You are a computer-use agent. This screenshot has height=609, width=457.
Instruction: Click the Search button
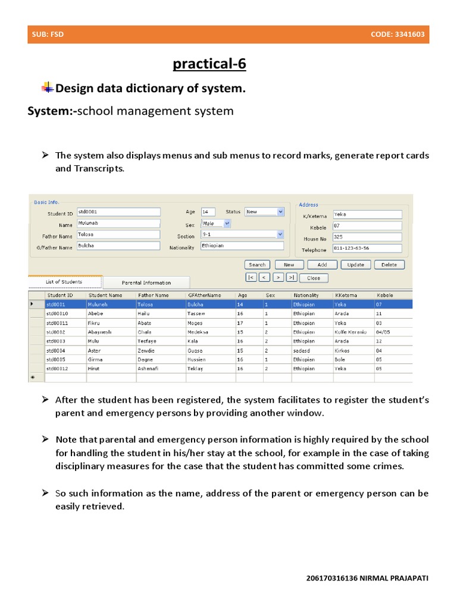pyautogui.click(x=257, y=265)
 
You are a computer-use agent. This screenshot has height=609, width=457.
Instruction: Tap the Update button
pyautogui.click(x=355, y=265)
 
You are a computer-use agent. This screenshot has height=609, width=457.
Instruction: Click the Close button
pyautogui.click(x=313, y=278)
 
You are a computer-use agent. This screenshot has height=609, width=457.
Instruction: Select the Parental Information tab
pyautogui.click(x=146, y=282)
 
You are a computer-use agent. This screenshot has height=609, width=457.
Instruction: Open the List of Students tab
pyautogui.click(x=64, y=282)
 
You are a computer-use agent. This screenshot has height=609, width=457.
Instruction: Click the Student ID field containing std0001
pyautogui.click(x=118, y=212)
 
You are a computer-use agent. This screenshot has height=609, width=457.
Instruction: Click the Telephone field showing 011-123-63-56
pyautogui.click(x=367, y=249)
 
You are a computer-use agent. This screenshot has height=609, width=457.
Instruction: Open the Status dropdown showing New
pyautogui.click(x=264, y=212)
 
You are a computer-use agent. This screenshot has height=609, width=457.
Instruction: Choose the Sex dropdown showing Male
pyautogui.click(x=215, y=224)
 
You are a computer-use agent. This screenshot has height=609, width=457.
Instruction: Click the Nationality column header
pyautogui.click(x=306, y=295)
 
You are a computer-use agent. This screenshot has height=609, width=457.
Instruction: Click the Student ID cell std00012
pyautogui.click(x=58, y=368)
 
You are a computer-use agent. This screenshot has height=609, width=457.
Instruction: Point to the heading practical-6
pyautogui.click(x=209, y=64)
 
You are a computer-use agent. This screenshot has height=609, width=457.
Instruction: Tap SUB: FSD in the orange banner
pyautogui.click(x=48, y=34)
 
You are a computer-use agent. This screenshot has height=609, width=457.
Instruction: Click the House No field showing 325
pyautogui.click(x=367, y=237)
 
